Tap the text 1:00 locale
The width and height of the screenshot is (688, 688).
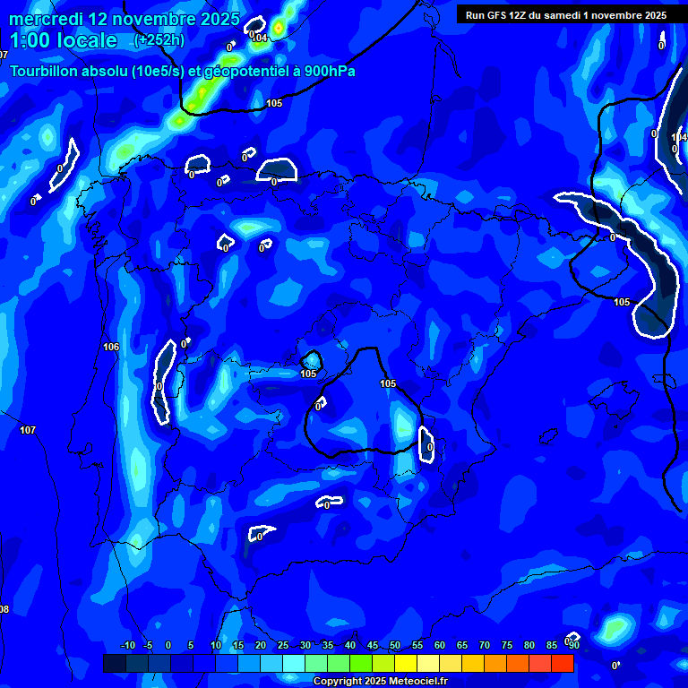coord(63,40)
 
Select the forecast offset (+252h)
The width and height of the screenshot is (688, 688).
coord(159,40)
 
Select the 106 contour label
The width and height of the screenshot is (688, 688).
coord(111,347)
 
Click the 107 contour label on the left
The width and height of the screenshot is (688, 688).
coord(28,431)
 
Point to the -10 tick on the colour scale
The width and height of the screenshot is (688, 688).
coord(127,645)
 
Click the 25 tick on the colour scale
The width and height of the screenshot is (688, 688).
coord(283,645)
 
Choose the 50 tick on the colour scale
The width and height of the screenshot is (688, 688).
coord(395,645)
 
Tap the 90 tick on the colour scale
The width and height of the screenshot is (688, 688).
coord(573,645)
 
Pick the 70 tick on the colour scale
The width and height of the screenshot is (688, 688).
coord(485,645)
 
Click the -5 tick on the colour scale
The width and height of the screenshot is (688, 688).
coord(148,645)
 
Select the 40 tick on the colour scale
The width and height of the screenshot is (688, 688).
coord(350,645)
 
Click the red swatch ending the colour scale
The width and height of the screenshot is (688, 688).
coord(563,663)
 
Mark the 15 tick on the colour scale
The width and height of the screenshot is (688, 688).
coord(238,645)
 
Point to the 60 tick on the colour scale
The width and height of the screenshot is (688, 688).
coord(440,645)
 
